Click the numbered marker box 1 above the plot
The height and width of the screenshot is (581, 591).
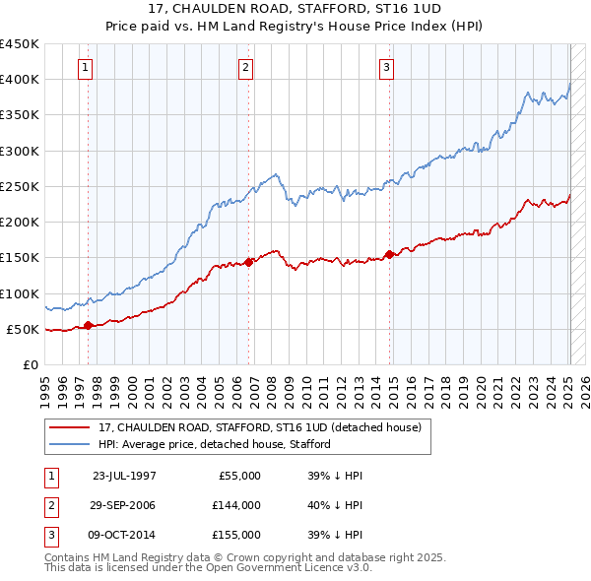86,68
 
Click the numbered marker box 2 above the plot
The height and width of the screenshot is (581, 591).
245,68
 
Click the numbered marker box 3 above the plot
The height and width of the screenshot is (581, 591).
387,68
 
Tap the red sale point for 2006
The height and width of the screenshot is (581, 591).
249,261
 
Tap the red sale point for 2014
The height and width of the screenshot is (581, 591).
390,254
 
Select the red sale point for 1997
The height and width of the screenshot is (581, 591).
89,325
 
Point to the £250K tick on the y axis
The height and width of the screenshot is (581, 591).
20,186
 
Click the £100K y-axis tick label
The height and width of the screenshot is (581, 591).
20,293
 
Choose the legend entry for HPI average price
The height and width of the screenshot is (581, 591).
215,444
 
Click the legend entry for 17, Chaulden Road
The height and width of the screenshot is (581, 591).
260,427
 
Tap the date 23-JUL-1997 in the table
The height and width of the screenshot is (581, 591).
124,476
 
